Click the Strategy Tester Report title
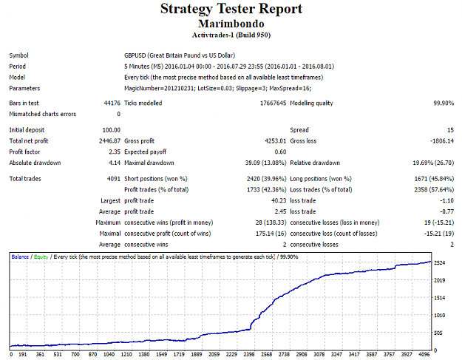tap(231, 9)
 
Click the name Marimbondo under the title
tap(231, 24)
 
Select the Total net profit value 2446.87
tap(109, 140)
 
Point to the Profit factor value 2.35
tap(115, 152)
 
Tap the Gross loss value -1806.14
tap(442, 140)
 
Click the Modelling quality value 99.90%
tap(444, 103)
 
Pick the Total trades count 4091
tap(114, 179)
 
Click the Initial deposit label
tap(27, 130)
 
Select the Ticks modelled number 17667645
tap(273, 103)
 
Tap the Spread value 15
tap(450, 130)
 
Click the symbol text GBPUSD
tap(135, 55)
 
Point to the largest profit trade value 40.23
tap(279, 200)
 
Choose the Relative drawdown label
tap(315, 163)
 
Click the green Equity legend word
tap(41, 257)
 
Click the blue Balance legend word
tap(20, 257)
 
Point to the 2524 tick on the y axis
tap(439, 262)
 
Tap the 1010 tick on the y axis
tap(439, 315)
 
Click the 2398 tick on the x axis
tap(249, 354)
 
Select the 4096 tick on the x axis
tap(424, 354)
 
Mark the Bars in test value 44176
tap(112, 103)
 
